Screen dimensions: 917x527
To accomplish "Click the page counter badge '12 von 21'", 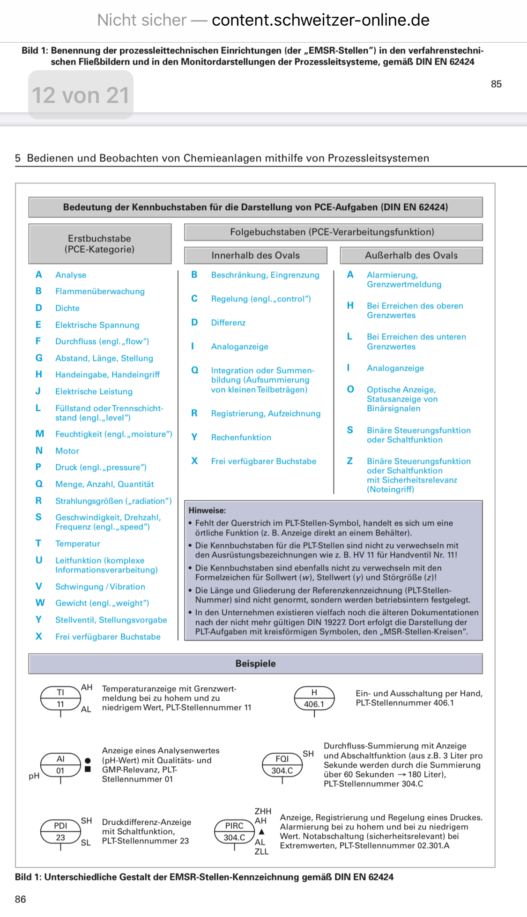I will (81, 95).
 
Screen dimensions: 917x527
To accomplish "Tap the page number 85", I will (496, 84).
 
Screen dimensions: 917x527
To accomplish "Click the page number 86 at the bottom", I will (21, 899).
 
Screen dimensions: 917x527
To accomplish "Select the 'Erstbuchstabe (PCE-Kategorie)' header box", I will (100, 244).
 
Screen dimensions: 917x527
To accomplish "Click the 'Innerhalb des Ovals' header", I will (255, 256).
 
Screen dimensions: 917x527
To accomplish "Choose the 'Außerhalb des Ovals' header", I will (411, 256).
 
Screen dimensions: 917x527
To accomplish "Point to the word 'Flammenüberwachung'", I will (100, 291).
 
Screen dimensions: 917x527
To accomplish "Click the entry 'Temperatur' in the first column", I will (78, 543).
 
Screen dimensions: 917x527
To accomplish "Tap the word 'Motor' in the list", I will (67, 451).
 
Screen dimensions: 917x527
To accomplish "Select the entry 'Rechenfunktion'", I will (241, 437).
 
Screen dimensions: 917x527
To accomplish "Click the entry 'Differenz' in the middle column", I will (228, 323).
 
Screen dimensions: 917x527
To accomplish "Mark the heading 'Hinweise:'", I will (207, 510).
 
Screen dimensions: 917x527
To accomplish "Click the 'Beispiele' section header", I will (255, 664).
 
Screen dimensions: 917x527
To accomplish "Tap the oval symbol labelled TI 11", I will (60, 698).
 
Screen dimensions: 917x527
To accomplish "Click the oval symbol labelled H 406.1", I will (314, 698).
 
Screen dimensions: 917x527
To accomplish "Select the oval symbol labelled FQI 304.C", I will (282, 765).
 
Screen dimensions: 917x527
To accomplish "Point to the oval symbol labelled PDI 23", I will (60, 832).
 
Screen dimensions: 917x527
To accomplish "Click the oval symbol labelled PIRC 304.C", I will (234, 832).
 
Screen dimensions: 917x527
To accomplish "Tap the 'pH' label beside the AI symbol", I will (34, 776).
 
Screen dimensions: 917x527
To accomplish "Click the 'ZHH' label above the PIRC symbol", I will (263, 811).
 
